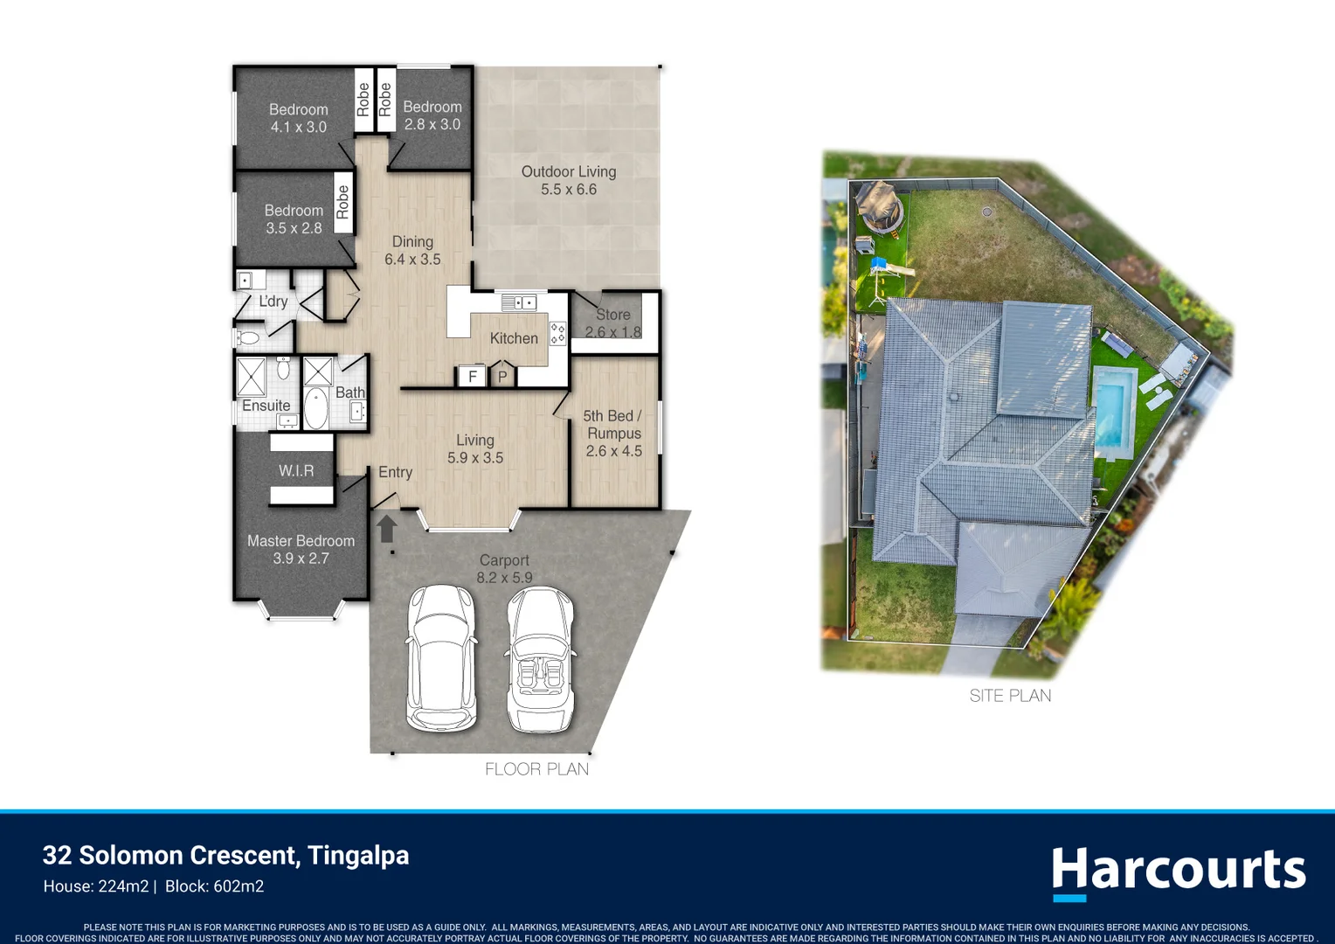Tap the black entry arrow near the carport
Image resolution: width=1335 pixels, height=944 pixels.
387,528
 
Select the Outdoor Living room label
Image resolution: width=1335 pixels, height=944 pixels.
569,171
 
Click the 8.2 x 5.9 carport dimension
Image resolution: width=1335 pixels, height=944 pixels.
504,577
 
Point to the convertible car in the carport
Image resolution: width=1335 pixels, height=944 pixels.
540,659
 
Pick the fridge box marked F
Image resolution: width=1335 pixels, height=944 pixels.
472,376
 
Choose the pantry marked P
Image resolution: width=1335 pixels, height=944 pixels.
502,374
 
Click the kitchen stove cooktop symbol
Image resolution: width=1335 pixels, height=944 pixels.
557,333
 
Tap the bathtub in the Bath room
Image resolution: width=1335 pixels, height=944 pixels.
315,407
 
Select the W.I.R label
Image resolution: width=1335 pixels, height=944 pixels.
296,470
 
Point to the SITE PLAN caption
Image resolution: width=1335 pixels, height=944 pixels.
1010,696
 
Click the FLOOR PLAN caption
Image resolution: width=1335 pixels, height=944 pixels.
536,769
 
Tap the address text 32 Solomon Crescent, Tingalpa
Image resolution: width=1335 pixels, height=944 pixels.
226,855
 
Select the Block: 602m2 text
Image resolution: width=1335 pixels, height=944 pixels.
214,886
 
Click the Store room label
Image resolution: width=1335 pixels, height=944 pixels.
612,315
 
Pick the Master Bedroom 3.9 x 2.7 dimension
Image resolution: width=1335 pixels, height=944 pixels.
301,559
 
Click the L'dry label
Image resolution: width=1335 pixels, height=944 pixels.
273,302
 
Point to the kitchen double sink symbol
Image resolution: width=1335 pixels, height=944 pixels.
518,303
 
